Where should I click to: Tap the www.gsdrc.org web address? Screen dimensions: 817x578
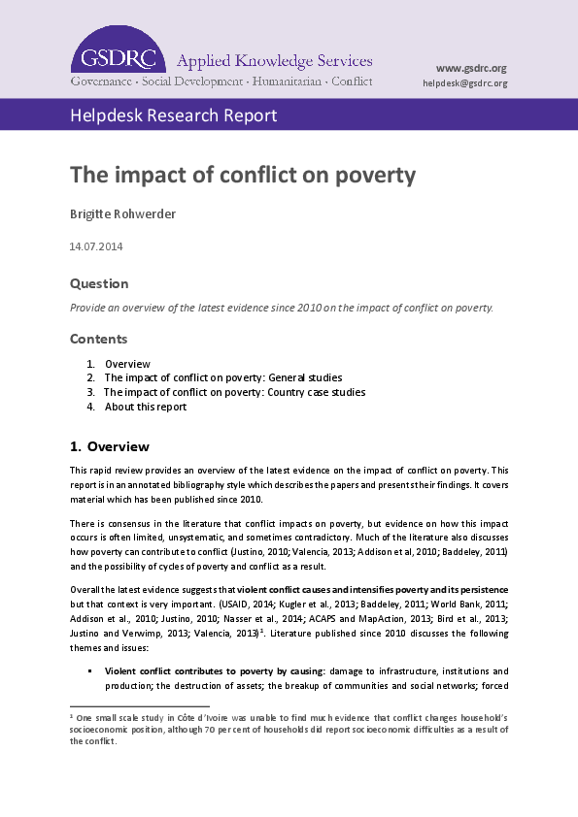[471, 68]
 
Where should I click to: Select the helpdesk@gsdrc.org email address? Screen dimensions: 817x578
[465, 83]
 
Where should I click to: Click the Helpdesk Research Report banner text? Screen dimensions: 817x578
[173, 116]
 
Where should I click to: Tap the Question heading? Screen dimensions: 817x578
[99, 283]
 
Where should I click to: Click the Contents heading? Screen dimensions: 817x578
[99, 340]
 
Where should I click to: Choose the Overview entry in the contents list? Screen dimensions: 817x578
[127, 364]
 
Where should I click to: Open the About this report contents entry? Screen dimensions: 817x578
[146, 407]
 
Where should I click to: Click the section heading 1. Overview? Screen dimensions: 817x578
[110, 447]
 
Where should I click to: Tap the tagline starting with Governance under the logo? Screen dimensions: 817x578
[221, 82]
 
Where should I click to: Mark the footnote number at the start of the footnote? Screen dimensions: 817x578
[72, 714]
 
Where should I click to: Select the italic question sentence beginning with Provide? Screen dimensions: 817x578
[282, 308]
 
